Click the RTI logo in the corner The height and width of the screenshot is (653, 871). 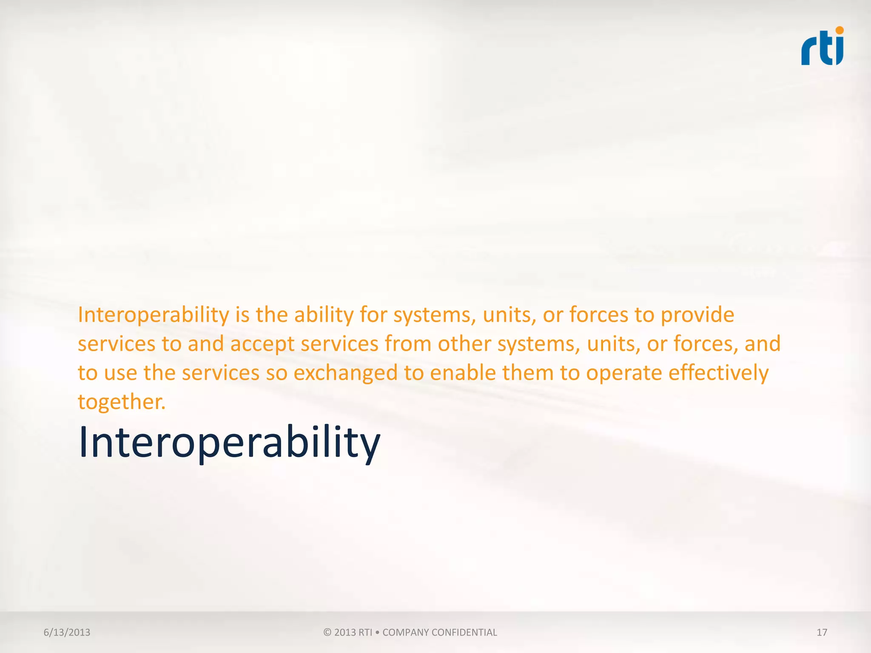(822, 47)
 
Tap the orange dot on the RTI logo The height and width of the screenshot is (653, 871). (840, 31)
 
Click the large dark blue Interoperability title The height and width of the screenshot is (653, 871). (229, 443)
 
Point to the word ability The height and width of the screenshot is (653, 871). (324, 315)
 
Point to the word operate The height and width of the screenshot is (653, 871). (624, 373)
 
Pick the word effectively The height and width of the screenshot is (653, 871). (718, 373)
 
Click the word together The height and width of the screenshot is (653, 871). (121, 402)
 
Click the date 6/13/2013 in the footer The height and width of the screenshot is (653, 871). (67, 633)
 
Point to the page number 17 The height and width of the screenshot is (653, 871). (822, 633)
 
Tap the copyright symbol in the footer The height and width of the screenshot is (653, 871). (327, 633)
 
